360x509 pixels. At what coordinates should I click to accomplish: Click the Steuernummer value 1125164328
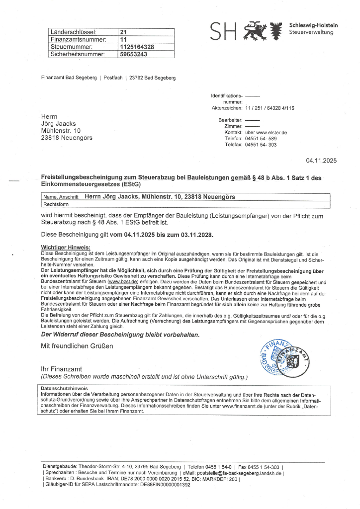[x=137, y=47]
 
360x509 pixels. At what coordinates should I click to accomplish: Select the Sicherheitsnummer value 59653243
[x=134, y=54]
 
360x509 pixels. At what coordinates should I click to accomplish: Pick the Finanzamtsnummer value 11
[x=124, y=39]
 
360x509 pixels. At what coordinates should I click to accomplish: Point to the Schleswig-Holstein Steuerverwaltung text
[x=313, y=29]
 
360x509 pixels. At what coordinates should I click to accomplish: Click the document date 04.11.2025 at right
[x=321, y=160]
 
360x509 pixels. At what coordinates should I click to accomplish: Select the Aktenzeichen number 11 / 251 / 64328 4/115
[x=270, y=107]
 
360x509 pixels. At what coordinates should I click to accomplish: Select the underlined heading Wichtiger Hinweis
[x=66, y=247]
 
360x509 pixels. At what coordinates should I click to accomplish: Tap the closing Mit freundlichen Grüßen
[x=77, y=345]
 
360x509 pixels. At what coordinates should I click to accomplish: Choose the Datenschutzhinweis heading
[x=65, y=388]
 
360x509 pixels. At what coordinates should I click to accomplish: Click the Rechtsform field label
[x=56, y=204]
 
